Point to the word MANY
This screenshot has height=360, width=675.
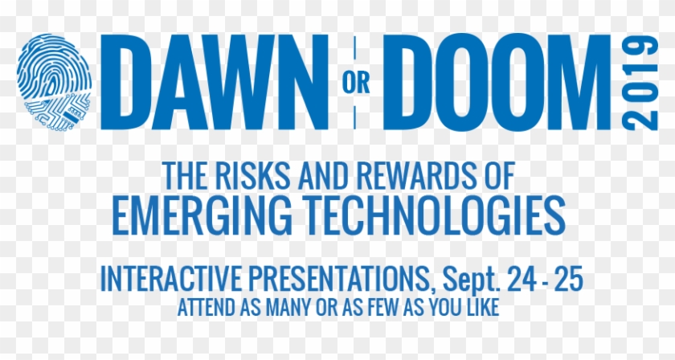click(x=281, y=307)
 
